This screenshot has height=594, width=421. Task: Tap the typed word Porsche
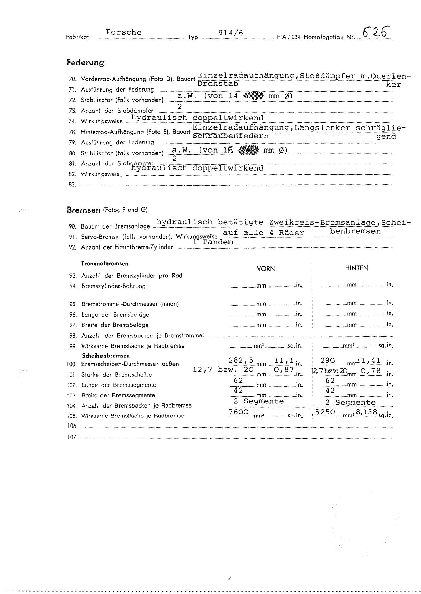tap(124, 32)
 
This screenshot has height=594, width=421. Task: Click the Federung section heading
tap(85, 63)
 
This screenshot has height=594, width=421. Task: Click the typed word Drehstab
tap(218, 83)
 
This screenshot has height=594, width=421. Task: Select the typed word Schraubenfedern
tap(231, 136)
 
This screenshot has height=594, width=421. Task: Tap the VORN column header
tap(266, 269)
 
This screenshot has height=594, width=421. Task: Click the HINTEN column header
tap(356, 268)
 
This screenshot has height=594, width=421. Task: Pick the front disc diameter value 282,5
tap(241, 360)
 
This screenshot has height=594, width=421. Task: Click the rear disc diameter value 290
tap(328, 360)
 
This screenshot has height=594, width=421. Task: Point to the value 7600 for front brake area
tap(239, 412)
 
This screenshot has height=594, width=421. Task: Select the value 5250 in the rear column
tap(325, 412)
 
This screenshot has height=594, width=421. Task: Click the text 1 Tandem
tap(213, 242)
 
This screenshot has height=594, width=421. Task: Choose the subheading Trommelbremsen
tap(105, 263)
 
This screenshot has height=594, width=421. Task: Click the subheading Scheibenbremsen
tap(106, 356)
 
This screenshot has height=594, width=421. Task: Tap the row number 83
tap(72, 185)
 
